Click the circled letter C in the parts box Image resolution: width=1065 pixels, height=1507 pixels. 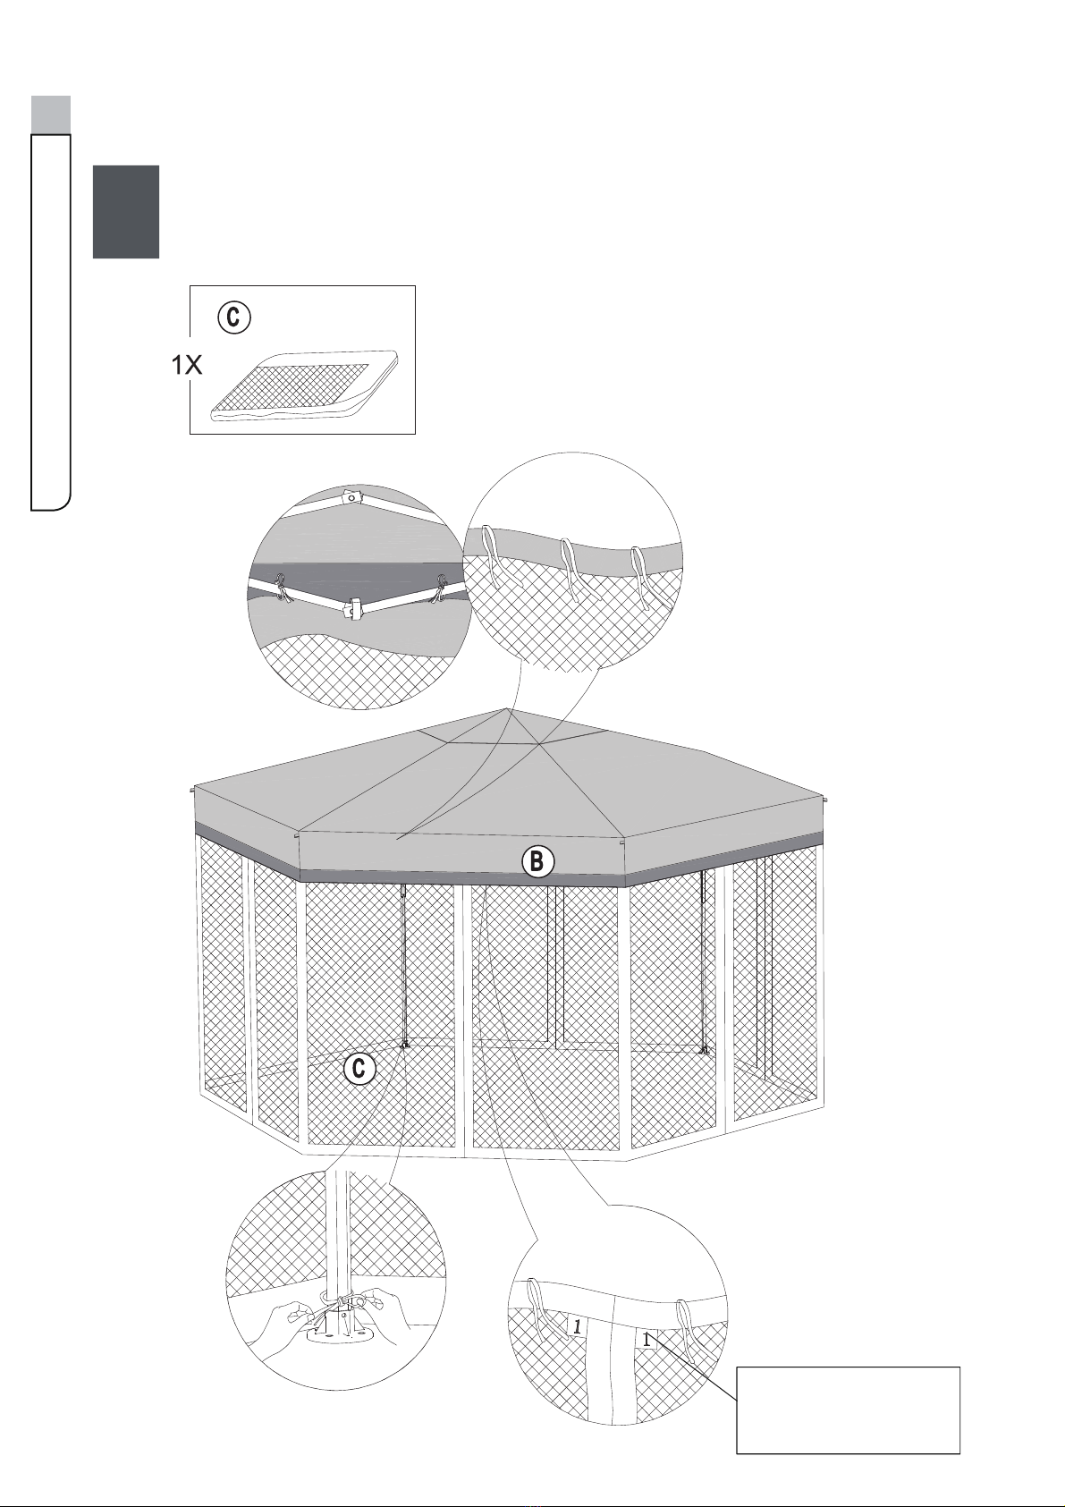click(233, 317)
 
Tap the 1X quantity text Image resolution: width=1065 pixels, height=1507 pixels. click(187, 365)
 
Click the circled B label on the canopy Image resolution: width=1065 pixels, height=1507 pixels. click(537, 861)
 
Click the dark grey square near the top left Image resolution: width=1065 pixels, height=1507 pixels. click(126, 212)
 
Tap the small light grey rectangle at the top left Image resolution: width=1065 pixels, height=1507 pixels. click(50, 115)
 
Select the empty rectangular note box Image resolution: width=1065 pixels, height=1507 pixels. click(848, 1409)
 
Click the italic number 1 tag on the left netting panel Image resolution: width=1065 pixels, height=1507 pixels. click(577, 1326)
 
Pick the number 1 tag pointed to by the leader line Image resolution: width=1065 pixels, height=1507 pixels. click(647, 1339)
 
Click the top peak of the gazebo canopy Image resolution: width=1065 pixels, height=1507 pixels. click(507, 708)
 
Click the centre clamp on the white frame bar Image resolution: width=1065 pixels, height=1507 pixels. click(352, 609)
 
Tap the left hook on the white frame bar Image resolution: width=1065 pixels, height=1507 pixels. click(281, 587)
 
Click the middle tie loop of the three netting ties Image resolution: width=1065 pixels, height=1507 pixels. click(573, 570)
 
